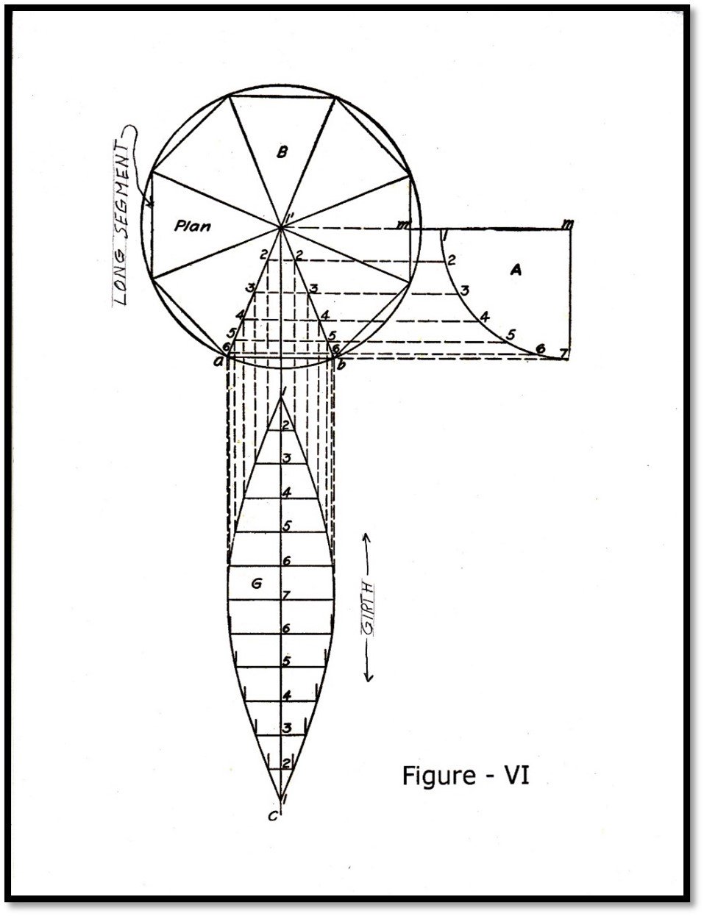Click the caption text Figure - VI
(466, 775)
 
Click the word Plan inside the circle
(192, 226)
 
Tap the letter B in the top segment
(282, 151)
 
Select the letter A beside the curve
(516, 269)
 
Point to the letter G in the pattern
(256, 584)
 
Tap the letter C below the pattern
(273, 817)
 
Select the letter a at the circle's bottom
(218, 362)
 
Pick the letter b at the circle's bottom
(341, 363)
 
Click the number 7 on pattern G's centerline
(286, 595)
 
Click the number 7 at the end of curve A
(563, 352)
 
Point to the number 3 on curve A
(465, 290)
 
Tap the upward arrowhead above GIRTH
(366, 536)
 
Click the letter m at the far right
(568, 223)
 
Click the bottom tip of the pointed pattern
(280, 800)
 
